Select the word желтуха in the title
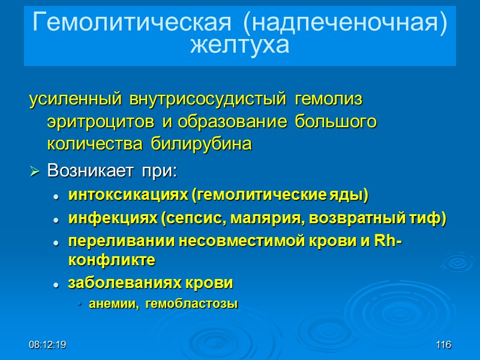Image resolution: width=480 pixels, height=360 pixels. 239,45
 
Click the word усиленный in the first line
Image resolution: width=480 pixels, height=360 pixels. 73,98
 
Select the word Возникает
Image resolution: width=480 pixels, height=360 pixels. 91,171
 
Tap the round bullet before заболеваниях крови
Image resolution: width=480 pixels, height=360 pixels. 56,284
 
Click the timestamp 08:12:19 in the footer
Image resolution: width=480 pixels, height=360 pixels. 47,345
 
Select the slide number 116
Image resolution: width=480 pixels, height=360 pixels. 443,345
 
